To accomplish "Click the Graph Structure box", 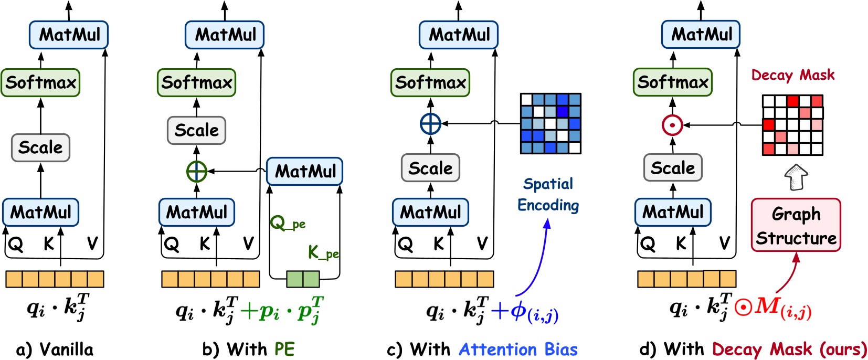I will [x=796, y=225].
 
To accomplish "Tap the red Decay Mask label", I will [x=792, y=75].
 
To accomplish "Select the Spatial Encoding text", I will [x=548, y=195].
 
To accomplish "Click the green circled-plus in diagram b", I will [x=197, y=171].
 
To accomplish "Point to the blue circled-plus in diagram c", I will [x=430, y=124].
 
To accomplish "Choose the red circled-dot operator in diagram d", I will [x=672, y=125].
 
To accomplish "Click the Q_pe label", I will [x=287, y=224].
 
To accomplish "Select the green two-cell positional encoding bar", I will [x=303, y=279].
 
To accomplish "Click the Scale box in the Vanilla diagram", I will [x=40, y=147].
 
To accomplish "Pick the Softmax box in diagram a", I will [x=40, y=82].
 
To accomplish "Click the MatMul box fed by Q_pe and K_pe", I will [x=305, y=171].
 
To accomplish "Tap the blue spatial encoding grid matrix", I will [x=551, y=123].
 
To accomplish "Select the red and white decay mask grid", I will [x=792, y=125].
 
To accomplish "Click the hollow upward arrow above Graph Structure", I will [x=796, y=177].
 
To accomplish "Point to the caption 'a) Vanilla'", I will [x=55, y=350].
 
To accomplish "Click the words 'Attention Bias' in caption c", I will [x=518, y=350].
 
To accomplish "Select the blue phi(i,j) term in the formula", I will [x=533, y=312].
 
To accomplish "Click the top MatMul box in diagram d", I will [x=701, y=35].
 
